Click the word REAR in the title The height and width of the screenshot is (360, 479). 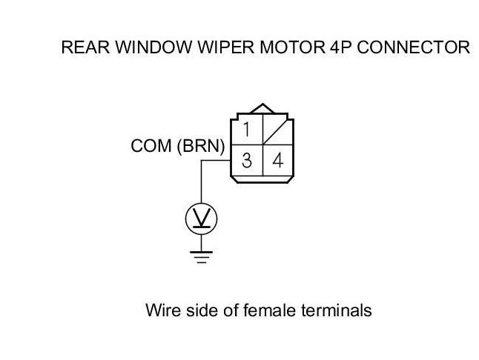[85, 47]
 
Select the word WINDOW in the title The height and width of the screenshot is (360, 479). [154, 47]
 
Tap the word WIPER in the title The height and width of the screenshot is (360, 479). [225, 47]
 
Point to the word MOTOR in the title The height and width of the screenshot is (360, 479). [292, 47]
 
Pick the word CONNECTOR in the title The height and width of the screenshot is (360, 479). [413, 47]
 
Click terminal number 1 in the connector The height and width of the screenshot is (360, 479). [246, 129]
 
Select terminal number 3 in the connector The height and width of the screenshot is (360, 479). [246, 160]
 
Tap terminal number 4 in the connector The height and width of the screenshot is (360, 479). [277, 160]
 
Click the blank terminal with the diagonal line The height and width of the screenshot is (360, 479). [277, 130]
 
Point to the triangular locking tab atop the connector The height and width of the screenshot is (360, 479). [262, 108]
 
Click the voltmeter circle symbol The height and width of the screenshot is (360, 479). [202, 219]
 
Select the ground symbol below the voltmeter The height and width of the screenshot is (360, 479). [202, 256]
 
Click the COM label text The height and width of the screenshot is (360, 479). [151, 146]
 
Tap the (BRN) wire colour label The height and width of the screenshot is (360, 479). [201, 146]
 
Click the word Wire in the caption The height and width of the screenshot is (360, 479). [163, 310]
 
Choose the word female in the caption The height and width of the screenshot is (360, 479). [269, 310]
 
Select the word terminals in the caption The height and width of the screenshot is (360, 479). [337, 310]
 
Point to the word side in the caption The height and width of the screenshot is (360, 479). [202, 310]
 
